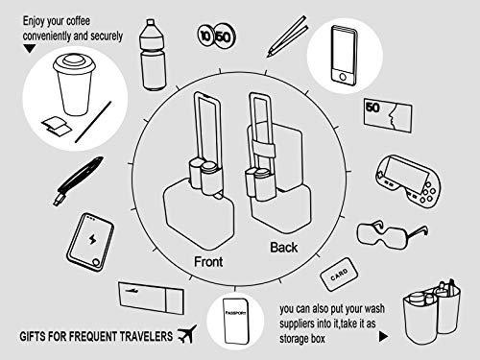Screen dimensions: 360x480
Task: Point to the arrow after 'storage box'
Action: [383, 337]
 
